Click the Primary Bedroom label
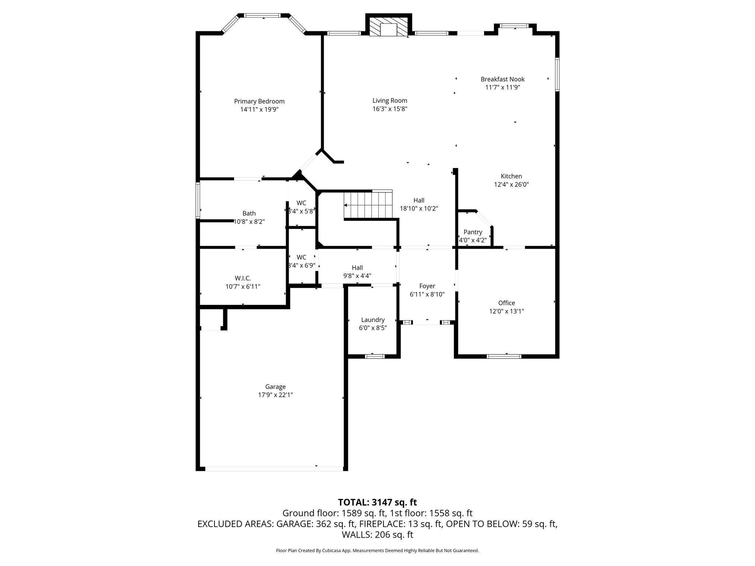pyautogui.click(x=259, y=101)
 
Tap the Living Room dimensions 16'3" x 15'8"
pyautogui.click(x=390, y=109)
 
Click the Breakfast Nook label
pyautogui.click(x=502, y=79)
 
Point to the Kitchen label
pyautogui.click(x=511, y=177)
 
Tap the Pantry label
pyautogui.click(x=473, y=232)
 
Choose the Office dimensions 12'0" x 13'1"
pyautogui.click(x=507, y=311)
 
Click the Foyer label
pyautogui.click(x=427, y=286)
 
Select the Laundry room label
pyautogui.click(x=373, y=320)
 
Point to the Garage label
pyautogui.click(x=275, y=387)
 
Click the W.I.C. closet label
pyautogui.click(x=243, y=279)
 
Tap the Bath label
pyautogui.click(x=249, y=213)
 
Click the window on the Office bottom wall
pyautogui.click(x=504, y=356)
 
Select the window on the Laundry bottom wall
pyautogui.click(x=375, y=356)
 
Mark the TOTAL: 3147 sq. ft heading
pyautogui.click(x=377, y=502)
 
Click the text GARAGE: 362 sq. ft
pyautogui.click(x=316, y=524)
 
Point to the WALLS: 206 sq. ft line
pyautogui.click(x=377, y=535)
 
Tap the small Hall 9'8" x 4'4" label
pyautogui.click(x=357, y=268)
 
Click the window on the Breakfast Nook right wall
pyautogui.click(x=557, y=74)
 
